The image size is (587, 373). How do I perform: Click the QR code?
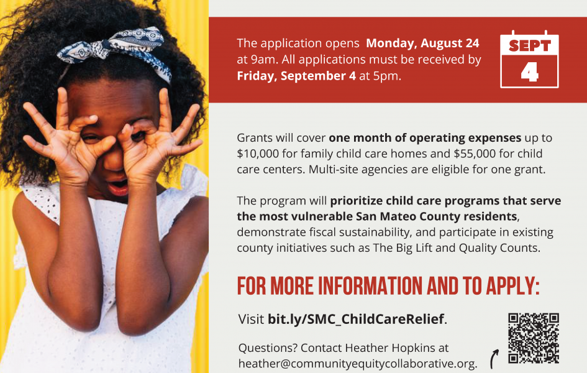click(x=534, y=338)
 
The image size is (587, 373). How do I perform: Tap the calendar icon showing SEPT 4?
click(x=529, y=60)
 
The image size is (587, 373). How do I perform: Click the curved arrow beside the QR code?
click(x=494, y=359)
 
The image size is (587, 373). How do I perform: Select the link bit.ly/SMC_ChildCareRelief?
click(x=356, y=320)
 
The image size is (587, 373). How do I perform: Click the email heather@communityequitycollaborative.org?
click(x=357, y=364)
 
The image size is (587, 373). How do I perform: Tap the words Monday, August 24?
click(x=422, y=44)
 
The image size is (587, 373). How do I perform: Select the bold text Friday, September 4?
click(x=296, y=76)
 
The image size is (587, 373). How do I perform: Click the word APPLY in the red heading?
click(x=512, y=287)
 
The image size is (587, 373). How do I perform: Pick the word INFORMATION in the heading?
click(x=370, y=287)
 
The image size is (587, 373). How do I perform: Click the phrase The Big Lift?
click(x=403, y=248)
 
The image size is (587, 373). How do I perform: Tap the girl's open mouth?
click(x=119, y=186)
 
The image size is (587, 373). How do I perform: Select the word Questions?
click(x=268, y=348)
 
